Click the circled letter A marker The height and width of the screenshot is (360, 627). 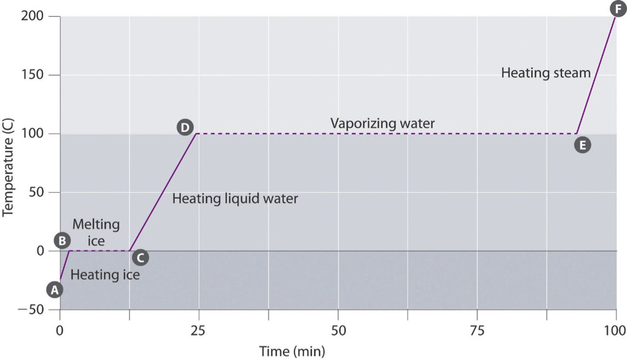tap(55, 290)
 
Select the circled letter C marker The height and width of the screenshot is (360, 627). tap(140, 258)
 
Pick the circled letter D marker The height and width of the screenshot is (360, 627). tap(185, 127)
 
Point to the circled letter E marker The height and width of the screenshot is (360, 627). tap(583, 145)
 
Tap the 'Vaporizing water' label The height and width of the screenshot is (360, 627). tap(383, 123)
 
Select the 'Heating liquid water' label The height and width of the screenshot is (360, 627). tap(235, 199)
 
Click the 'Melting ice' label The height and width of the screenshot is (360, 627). tap(96, 233)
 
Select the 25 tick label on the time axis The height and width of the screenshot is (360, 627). tap(199, 331)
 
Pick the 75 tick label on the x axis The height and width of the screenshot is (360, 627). tap(477, 331)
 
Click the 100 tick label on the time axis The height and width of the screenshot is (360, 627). tap(615, 331)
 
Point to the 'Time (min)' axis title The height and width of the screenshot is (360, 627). tap(292, 351)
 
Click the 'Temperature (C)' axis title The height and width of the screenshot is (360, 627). tap(8, 163)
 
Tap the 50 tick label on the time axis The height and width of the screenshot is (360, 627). tap(338, 331)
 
